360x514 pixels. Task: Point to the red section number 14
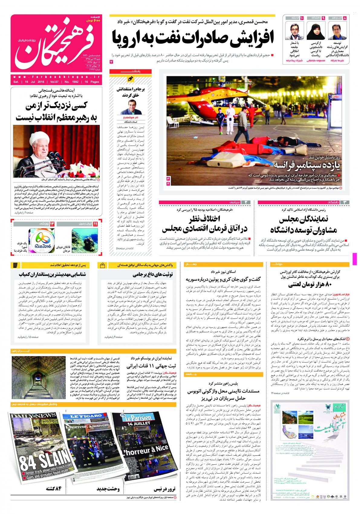pos(52,224)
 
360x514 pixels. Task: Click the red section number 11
pos(96,224)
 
